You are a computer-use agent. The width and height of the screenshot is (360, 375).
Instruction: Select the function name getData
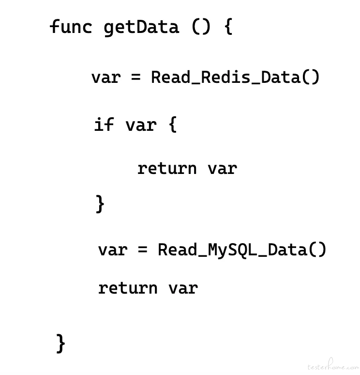tap(141, 28)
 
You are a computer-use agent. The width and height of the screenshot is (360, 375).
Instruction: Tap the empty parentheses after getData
tap(201, 27)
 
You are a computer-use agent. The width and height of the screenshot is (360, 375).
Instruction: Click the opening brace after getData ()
tap(228, 27)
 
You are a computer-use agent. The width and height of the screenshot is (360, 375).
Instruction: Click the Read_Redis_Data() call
tap(235, 77)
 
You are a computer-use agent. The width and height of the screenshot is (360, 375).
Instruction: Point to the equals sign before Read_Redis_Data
tap(136, 77)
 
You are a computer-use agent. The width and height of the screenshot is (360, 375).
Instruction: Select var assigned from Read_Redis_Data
tap(106, 78)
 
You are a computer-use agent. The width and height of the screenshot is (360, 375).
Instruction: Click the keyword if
tap(104, 124)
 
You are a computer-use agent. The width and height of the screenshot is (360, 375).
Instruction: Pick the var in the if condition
tap(141, 125)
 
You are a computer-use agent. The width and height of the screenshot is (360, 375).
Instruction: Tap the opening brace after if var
tap(173, 124)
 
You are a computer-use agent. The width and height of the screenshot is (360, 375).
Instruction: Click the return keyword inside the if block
tap(167, 169)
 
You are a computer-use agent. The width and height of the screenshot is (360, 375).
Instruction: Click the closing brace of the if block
tap(100, 204)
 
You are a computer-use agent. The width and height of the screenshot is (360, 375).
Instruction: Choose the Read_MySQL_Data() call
tap(242, 250)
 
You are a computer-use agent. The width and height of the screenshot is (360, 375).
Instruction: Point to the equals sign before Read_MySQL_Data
tap(143, 250)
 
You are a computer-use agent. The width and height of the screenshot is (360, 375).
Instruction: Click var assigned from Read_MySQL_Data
tap(113, 250)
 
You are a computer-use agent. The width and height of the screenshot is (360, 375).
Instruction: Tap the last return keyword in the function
tap(128, 288)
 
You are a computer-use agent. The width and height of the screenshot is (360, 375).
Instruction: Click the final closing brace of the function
tap(60, 344)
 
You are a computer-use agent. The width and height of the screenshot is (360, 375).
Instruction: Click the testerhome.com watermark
tap(333, 365)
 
